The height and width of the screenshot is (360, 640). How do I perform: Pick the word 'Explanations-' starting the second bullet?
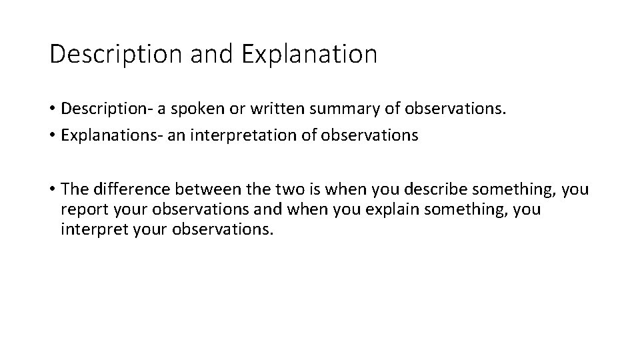click(105, 136)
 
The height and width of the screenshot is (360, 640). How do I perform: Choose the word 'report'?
click(81, 210)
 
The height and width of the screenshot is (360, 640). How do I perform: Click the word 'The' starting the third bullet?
click(73, 190)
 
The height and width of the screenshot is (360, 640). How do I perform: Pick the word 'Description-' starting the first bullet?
click(101, 109)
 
